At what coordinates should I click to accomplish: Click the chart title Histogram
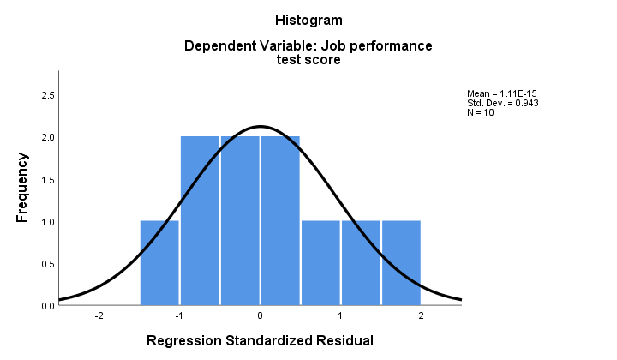[308, 20]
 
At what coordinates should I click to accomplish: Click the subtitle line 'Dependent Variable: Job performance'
[308, 45]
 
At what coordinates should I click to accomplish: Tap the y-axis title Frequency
[22, 187]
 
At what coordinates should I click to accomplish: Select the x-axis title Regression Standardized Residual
[260, 340]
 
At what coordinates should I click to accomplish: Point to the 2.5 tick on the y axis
[48, 96]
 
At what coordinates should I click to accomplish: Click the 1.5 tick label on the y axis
[48, 180]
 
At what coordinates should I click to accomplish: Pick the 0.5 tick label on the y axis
[48, 264]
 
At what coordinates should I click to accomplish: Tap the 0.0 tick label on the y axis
[48, 306]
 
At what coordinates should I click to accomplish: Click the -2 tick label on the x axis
[99, 315]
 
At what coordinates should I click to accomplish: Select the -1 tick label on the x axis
[179, 315]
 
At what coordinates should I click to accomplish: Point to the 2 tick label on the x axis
[421, 315]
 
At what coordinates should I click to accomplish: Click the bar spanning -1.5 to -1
[159, 263]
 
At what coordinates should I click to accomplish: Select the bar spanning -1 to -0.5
[200, 221]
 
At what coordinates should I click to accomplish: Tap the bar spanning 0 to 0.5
[280, 221]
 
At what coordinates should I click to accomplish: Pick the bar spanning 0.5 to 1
[320, 263]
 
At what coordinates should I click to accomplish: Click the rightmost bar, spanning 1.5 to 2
[401, 263]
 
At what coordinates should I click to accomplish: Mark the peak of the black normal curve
[261, 127]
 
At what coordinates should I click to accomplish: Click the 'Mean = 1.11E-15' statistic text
[501, 93]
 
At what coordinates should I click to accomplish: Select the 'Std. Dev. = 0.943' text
[503, 103]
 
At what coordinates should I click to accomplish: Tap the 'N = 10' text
[481, 112]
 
